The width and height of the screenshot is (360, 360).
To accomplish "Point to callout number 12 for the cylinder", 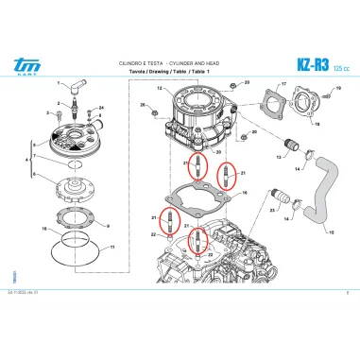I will pyautogui.click(x=160, y=89).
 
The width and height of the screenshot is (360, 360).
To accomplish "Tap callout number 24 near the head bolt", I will pyautogui.click(x=101, y=109).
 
